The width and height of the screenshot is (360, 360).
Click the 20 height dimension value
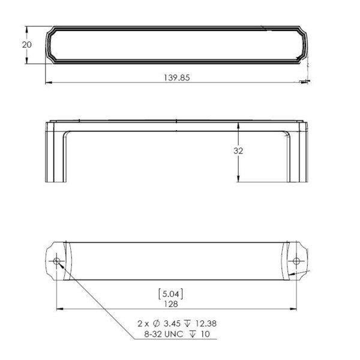pyautogui.click(x=27, y=44)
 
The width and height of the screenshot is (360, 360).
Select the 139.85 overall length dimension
pyautogui.click(x=176, y=77)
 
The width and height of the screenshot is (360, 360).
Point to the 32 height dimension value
pyautogui.click(x=238, y=151)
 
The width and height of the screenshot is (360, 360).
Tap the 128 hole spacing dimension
pyautogui.click(x=171, y=304)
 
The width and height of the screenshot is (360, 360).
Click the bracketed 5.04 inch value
pyautogui.click(x=171, y=294)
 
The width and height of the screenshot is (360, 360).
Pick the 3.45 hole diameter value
pyautogui.click(x=172, y=323)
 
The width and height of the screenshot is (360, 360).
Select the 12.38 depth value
pyautogui.click(x=206, y=323)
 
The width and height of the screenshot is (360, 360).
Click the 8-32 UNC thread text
pyautogui.click(x=164, y=334)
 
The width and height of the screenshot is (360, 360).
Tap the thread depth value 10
pyautogui.click(x=205, y=334)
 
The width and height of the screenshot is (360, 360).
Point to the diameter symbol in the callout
pyautogui.click(x=156, y=323)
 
